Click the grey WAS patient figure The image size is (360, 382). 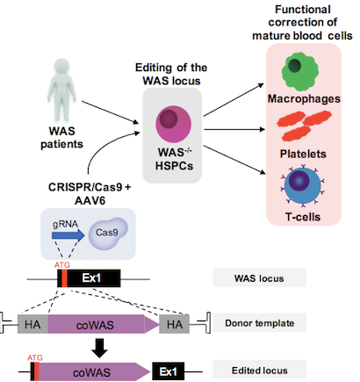tap(61, 90)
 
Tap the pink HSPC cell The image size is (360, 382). tap(174, 125)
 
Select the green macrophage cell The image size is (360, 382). tap(300, 72)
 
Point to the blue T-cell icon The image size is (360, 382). tap(303, 185)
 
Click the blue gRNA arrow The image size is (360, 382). tap(68, 235)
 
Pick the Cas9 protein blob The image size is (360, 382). tap(108, 233)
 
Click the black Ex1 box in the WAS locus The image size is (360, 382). tap(89, 278)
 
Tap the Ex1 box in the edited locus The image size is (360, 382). tap(168, 371)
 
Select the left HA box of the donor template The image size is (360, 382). tap(32, 324)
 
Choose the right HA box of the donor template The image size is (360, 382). tap(175, 324)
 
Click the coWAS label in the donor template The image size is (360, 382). tap(95, 325)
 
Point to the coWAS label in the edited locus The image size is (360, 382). tap(91, 372)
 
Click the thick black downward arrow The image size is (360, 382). tap(100, 348)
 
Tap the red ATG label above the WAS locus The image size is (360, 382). tap(62, 265)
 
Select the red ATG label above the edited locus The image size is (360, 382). tap(35, 357)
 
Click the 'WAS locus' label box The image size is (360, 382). tap(259, 277)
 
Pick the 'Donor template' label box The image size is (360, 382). tap(259, 323)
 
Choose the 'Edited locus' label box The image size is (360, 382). tap(259, 370)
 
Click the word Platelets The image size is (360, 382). tap(303, 154)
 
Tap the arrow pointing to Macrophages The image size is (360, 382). tap(234, 99)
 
